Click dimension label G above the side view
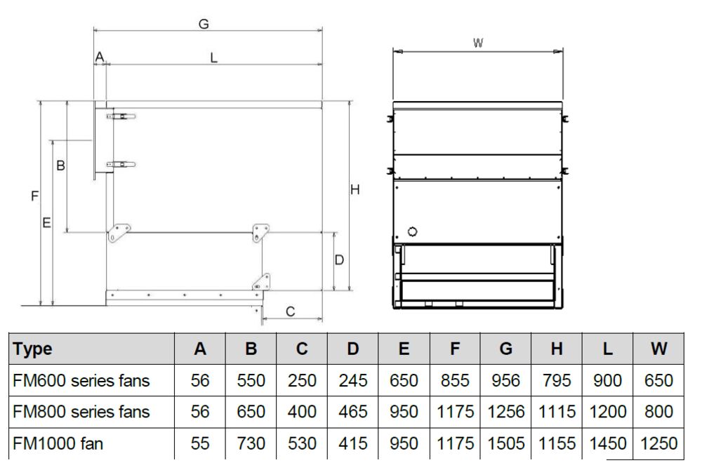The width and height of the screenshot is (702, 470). click(x=204, y=24)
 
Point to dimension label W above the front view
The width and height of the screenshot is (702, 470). click(x=478, y=43)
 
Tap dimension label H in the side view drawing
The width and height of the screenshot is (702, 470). click(x=355, y=189)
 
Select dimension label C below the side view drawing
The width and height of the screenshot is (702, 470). click(x=290, y=311)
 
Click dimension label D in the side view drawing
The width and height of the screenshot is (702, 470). click(x=339, y=260)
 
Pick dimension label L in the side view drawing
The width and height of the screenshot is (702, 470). click(x=213, y=58)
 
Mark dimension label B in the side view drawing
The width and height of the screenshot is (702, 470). click(x=60, y=166)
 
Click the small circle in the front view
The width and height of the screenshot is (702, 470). click(x=412, y=231)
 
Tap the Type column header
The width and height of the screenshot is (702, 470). click(x=33, y=349)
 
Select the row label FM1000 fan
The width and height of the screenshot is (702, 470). click(x=58, y=443)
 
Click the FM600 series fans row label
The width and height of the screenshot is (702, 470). click(x=81, y=381)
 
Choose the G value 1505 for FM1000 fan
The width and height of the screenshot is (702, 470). click(x=506, y=443)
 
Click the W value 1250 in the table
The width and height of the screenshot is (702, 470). click(x=658, y=443)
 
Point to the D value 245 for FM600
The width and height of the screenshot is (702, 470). click(x=353, y=381)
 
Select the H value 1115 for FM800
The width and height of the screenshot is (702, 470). click(x=557, y=411)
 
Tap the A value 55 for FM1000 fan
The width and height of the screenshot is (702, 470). click(x=199, y=443)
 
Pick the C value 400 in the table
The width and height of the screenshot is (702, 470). click(x=302, y=411)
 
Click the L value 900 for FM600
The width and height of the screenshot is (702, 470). click(x=607, y=381)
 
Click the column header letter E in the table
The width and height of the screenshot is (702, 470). click(x=404, y=349)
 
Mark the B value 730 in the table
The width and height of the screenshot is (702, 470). click(x=251, y=443)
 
